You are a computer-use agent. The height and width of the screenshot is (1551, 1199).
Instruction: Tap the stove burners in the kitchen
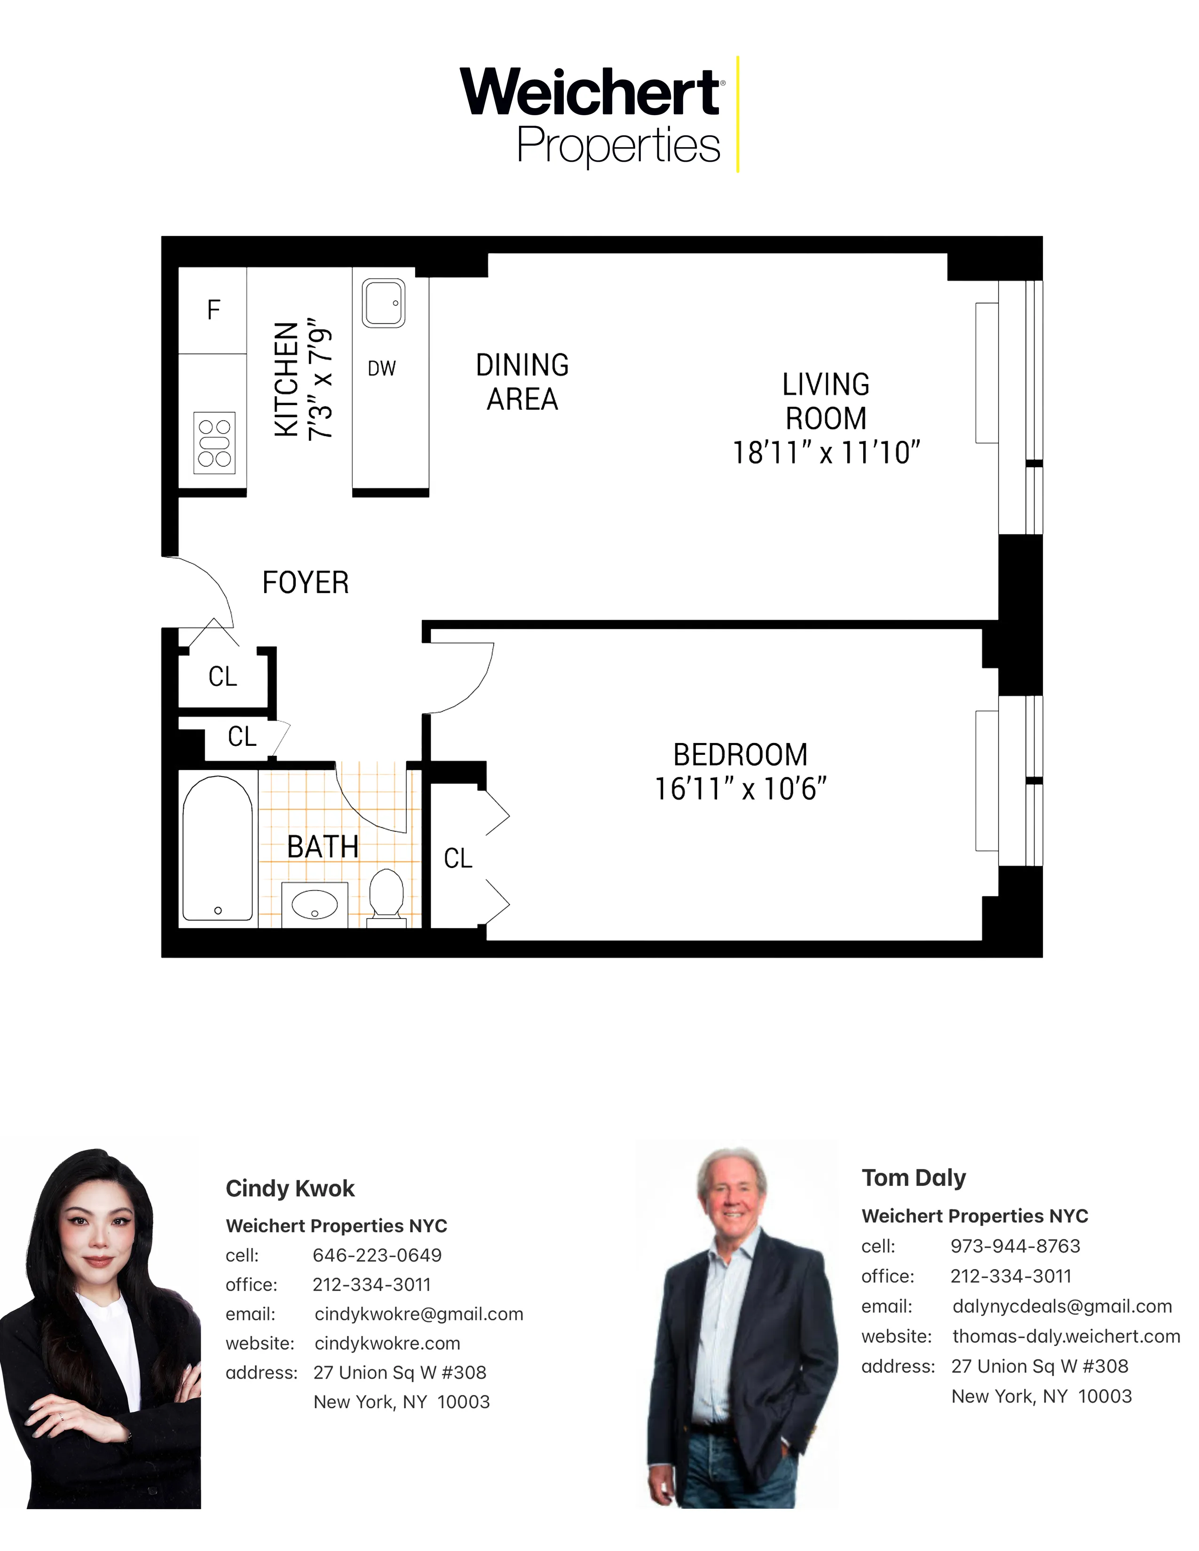214,442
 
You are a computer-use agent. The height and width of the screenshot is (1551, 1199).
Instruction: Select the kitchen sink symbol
384,303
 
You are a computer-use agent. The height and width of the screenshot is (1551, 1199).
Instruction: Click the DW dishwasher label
381,368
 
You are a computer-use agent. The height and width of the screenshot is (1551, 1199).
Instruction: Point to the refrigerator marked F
213,310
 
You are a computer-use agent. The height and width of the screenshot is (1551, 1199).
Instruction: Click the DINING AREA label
522,382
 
